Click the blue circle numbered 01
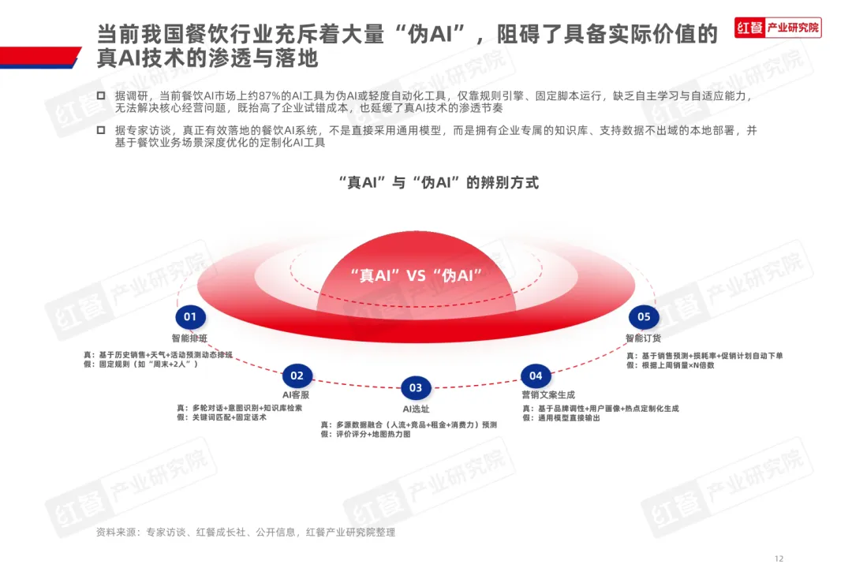(189, 317)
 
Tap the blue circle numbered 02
(297, 376)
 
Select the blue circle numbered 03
(416, 387)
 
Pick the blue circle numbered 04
(536, 376)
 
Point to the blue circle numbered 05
(644, 317)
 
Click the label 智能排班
(189, 338)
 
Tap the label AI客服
(296, 395)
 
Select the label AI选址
(415, 409)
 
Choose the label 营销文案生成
(548, 395)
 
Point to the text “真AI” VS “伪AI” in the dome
(416, 275)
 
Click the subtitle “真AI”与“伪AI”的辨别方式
(438, 183)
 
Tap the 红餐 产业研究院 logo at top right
(778, 28)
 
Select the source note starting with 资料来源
(245, 532)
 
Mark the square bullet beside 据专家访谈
(100, 130)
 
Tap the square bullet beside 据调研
(100, 95)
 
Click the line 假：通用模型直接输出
(561, 418)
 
